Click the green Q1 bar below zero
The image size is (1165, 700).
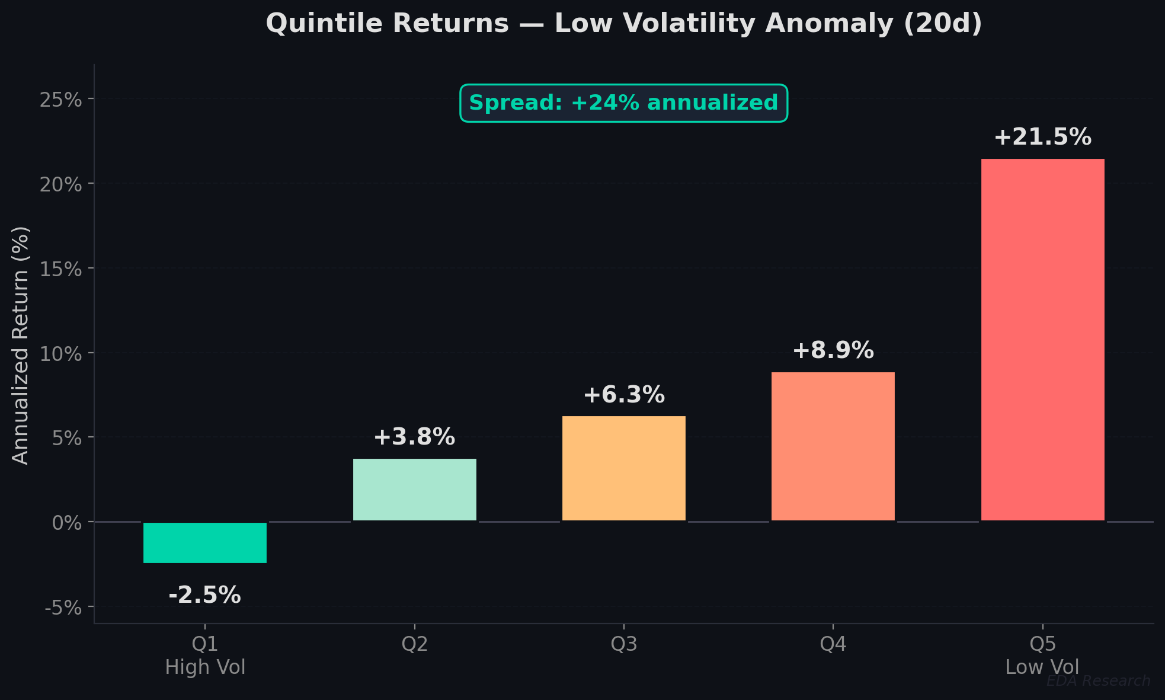tap(205, 542)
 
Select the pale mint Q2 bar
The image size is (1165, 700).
tap(414, 490)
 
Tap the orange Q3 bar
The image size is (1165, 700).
tap(623, 468)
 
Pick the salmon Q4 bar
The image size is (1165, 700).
tap(833, 446)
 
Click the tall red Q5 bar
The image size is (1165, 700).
tap(1042, 340)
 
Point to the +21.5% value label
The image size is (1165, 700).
tap(1042, 138)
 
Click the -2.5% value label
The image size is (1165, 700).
tap(205, 595)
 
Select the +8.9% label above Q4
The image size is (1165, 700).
tap(833, 351)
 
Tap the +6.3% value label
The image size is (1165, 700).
tap(623, 395)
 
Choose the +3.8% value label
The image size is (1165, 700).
tap(414, 437)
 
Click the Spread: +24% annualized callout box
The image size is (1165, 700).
tap(623, 103)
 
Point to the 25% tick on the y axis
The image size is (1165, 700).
tap(60, 100)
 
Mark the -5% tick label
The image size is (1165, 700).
tap(63, 608)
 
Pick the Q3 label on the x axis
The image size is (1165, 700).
tap(623, 644)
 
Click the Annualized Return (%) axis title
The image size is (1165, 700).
tap(21, 345)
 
